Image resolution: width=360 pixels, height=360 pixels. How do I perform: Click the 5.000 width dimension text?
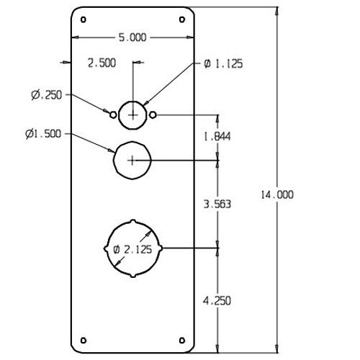click(132, 39)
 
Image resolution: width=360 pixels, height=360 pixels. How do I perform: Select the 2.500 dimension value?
click(101, 63)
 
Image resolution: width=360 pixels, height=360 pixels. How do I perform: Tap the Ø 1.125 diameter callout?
click(223, 64)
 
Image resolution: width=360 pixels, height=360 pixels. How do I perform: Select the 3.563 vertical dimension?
click(217, 204)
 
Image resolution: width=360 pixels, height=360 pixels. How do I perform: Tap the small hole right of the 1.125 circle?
click(154, 114)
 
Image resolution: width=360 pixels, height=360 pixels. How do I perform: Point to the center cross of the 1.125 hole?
click(133, 114)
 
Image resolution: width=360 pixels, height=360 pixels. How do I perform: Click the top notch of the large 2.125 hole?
click(133, 219)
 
